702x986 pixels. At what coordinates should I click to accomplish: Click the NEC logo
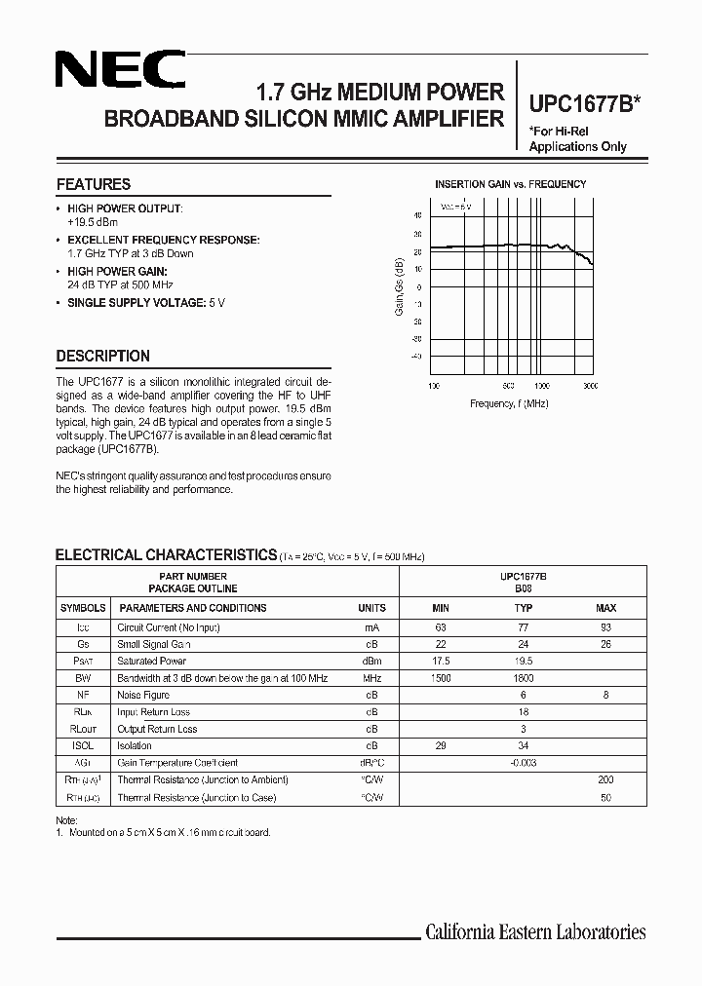point(119,71)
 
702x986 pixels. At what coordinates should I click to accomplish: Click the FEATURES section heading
point(93,184)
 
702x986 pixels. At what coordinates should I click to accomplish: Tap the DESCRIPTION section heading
point(102,356)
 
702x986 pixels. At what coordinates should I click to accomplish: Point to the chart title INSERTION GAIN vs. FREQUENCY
point(510,184)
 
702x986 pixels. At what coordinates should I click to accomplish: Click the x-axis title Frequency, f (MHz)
point(509,402)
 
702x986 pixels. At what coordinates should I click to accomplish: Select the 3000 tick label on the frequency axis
point(591,386)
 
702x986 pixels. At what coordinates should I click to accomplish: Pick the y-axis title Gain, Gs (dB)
point(399,286)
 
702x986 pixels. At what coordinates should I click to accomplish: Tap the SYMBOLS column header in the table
point(83,608)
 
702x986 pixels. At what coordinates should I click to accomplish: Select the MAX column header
point(605,608)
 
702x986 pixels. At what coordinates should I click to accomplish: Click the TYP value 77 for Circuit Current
point(524,627)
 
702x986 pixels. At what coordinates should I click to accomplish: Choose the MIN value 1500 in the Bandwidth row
point(440,678)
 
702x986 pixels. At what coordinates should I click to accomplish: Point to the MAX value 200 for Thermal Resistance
point(605,780)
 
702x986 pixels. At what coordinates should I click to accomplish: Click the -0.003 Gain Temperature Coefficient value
point(524,763)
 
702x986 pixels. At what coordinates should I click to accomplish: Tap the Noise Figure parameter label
point(143,696)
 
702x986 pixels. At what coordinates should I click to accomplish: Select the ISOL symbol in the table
point(83,746)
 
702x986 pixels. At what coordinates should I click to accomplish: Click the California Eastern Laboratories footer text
point(535,932)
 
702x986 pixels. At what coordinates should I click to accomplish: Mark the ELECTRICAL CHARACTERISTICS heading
point(166,555)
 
